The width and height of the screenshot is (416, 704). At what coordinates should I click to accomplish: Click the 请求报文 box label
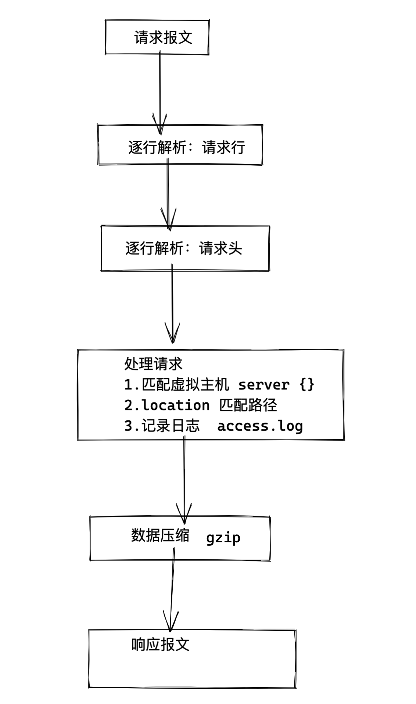click(163, 37)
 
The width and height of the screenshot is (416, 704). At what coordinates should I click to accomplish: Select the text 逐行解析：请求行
click(186, 147)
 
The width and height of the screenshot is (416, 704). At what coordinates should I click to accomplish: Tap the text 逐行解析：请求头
click(183, 248)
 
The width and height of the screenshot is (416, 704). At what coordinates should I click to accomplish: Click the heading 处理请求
click(153, 364)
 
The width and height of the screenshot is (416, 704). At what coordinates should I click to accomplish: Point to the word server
click(263, 385)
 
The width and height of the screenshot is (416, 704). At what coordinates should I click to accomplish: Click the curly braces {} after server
click(307, 385)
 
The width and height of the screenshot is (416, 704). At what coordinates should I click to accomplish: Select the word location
click(175, 405)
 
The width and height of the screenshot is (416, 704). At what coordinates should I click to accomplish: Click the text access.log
click(260, 426)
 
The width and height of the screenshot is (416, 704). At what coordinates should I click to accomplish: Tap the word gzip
click(223, 538)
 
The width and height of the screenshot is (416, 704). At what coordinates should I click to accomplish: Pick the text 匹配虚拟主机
click(186, 385)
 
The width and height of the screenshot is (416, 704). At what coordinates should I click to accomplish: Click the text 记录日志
click(171, 426)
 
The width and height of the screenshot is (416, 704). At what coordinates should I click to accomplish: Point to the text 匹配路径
click(248, 405)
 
